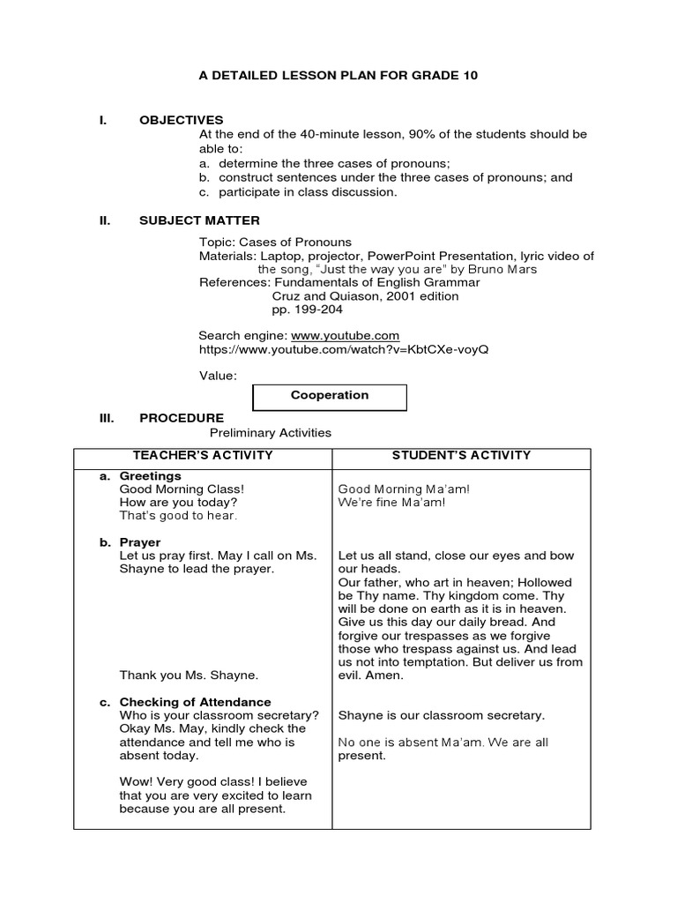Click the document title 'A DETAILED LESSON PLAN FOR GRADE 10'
(x=338, y=77)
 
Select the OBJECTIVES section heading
(x=181, y=120)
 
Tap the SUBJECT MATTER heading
(x=199, y=220)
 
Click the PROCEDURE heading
(x=182, y=418)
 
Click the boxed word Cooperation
(x=330, y=396)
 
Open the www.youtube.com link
(x=345, y=336)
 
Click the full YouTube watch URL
(x=343, y=349)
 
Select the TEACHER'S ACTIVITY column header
(x=203, y=456)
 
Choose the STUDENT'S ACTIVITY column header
(x=461, y=456)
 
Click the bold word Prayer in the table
(x=140, y=542)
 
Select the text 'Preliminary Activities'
(x=270, y=433)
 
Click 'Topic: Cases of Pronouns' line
(x=275, y=243)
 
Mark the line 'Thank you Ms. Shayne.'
(x=189, y=675)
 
